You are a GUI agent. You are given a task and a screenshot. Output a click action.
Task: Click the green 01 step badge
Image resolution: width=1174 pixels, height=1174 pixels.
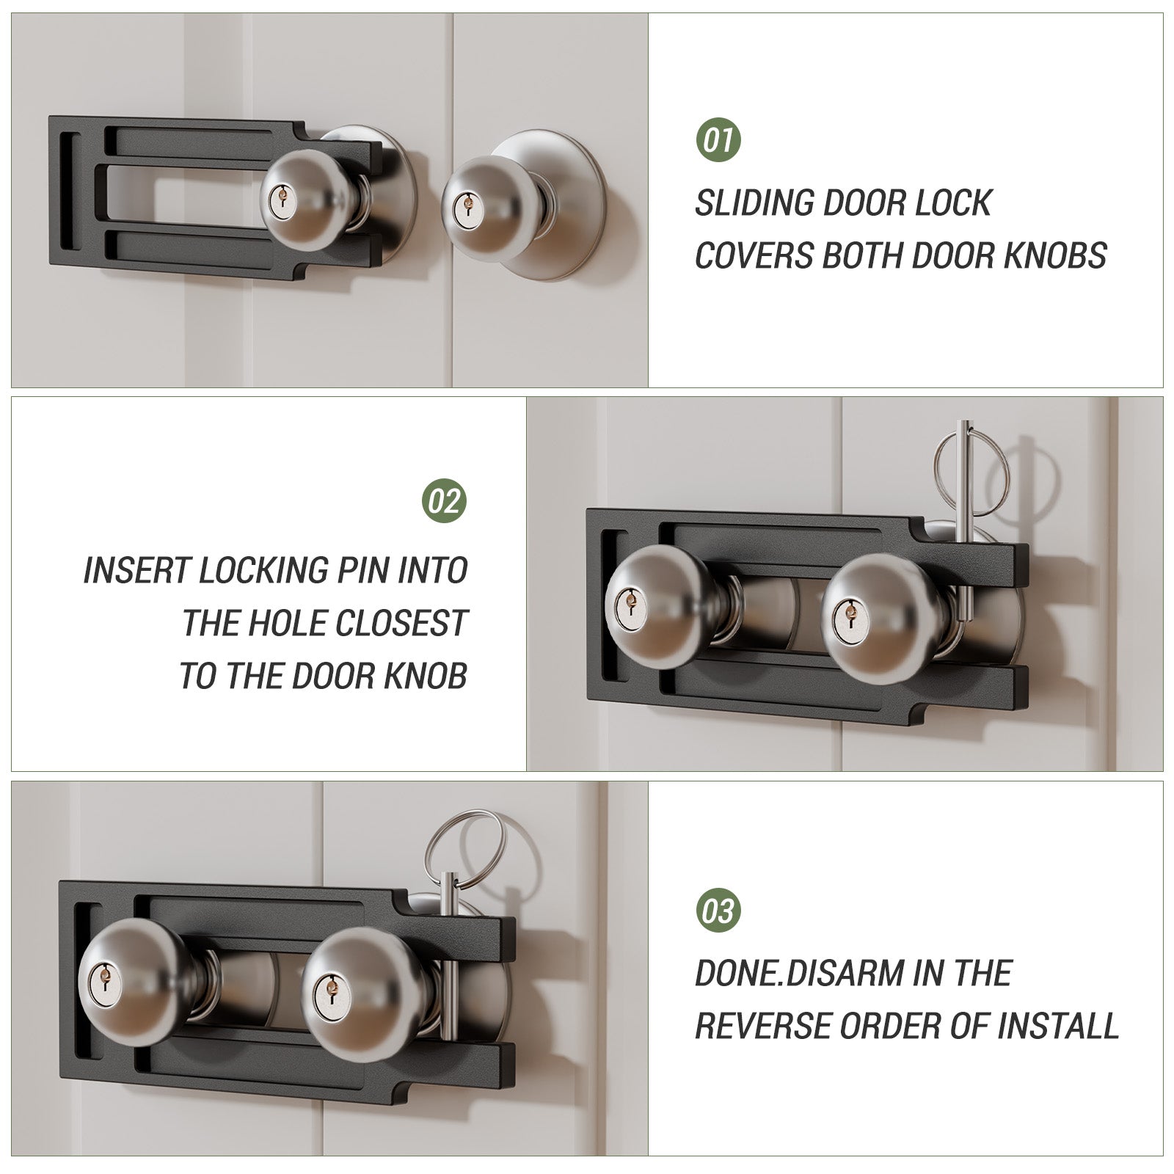(718, 139)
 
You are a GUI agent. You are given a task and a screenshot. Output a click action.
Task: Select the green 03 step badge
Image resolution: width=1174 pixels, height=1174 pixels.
(718, 911)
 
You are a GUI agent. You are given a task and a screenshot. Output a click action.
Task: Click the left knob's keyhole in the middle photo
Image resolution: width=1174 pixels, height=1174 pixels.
(627, 604)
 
